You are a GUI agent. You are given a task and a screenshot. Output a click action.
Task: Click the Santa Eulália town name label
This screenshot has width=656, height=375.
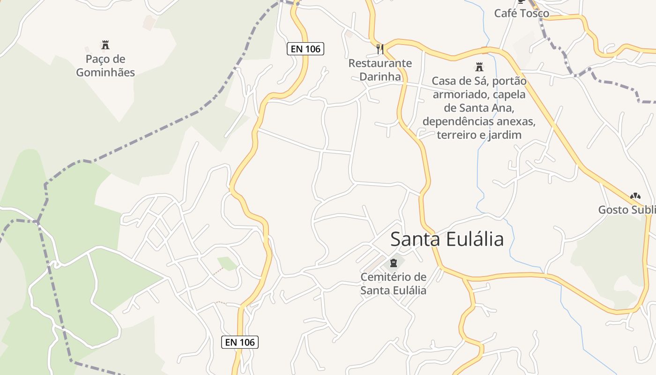(447, 239)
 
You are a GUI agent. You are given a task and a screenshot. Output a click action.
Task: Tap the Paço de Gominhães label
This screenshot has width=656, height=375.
(105, 66)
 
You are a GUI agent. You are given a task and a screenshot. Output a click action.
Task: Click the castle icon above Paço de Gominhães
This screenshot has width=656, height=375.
(105, 45)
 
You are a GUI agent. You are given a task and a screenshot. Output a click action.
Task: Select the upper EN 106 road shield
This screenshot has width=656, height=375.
(306, 49)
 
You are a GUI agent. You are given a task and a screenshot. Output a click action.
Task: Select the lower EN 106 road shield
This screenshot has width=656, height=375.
(240, 342)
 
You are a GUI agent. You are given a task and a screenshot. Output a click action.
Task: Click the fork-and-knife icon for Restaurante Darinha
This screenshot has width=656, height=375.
(380, 49)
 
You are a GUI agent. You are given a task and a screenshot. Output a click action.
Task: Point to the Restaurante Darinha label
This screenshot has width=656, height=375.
(380, 70)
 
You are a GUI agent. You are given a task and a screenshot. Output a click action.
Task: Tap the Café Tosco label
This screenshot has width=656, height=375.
(522, 13)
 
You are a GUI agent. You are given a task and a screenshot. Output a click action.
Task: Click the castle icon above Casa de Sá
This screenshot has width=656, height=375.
(479, 67)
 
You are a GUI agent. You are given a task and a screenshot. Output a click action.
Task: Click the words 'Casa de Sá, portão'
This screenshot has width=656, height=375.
(479, 81)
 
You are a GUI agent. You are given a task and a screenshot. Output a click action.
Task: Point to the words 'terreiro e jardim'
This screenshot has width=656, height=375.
(479, 135)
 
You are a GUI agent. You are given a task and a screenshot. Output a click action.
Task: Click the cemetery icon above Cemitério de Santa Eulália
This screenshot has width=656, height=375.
(393, 263)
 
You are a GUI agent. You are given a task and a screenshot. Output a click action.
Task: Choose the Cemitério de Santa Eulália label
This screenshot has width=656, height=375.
(393, 284)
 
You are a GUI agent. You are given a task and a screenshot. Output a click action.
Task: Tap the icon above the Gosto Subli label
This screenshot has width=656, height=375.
(635, 196)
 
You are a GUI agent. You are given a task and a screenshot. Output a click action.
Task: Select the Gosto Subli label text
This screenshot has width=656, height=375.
(626, 210)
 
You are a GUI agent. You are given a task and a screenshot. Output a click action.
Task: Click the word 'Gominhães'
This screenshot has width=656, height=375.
(105, 73)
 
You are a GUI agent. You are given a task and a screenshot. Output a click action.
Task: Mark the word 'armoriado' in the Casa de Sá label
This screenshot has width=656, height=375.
(459, 95)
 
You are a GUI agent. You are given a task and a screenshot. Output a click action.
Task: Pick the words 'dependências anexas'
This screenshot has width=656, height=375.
(479, 122)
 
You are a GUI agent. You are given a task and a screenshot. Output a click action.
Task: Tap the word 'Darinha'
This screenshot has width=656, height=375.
(380, 76)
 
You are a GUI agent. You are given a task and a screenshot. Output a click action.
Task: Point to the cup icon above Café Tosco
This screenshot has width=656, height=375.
(522, 1)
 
